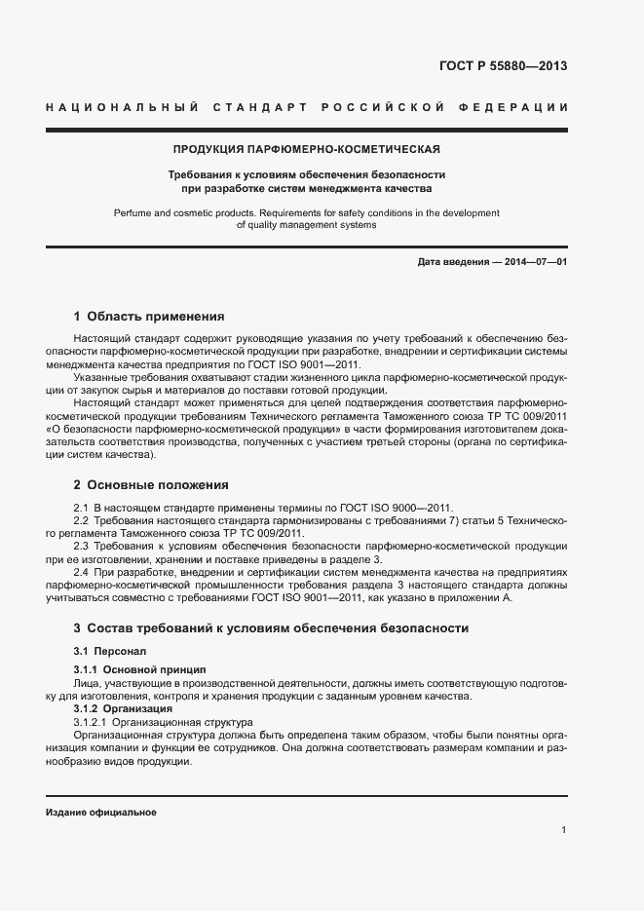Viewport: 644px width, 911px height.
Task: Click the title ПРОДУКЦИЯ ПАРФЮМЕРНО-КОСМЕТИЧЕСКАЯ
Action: tap(306, 150)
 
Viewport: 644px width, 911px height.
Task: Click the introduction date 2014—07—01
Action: tap(532, 263)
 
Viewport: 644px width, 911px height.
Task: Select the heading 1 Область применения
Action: tap(149, 316)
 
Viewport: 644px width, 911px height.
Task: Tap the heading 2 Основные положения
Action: tap(151, 484)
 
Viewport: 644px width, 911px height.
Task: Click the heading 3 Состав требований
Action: tap(271, 628)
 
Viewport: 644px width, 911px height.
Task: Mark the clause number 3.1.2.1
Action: tap(91, 722)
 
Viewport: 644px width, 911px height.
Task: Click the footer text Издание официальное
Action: tap(100, 812)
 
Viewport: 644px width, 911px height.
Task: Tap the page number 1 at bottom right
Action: tap(564, 829)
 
